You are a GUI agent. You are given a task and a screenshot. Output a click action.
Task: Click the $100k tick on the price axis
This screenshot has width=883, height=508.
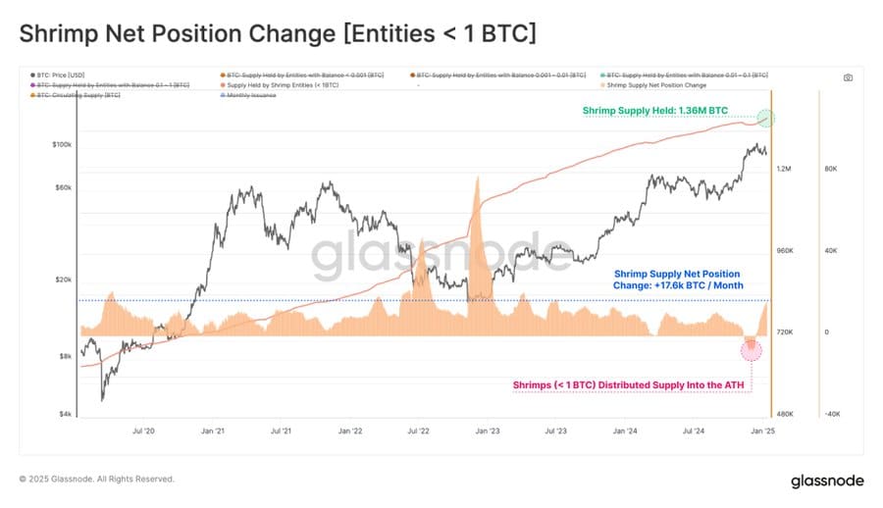61,144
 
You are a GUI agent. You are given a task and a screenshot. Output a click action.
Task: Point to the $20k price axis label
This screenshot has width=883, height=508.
63,279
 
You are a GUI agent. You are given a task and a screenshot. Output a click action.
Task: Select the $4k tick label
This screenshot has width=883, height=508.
65,414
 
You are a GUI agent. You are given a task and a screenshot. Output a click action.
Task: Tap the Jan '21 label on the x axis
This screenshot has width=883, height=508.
213,430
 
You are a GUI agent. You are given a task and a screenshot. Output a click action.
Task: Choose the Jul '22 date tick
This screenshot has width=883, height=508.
419,430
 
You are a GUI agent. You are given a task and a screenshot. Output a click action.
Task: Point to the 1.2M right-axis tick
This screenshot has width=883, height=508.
784,169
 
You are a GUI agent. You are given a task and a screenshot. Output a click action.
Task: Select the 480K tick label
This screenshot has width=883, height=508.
785,414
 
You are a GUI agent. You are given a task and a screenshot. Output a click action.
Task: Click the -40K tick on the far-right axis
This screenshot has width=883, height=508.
832,414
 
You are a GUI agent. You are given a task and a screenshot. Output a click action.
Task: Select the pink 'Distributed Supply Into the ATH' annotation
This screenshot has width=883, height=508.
632,384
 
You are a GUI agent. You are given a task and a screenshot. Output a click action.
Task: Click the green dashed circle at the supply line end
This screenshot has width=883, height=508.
766,119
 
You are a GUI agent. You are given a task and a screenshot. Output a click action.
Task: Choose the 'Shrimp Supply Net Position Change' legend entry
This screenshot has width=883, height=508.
656,85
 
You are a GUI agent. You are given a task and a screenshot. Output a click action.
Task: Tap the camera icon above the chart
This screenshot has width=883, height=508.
848,76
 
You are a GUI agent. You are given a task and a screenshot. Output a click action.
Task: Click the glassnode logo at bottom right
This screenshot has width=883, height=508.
826,481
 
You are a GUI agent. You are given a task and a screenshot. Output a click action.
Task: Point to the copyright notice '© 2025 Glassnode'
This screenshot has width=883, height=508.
96,479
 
